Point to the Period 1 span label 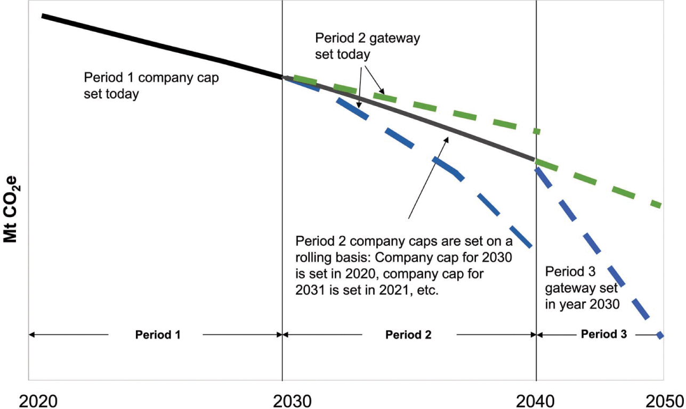[158, 335]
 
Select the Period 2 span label [408, 335]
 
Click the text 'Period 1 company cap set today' [151, 85]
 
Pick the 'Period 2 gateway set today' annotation [368, 46]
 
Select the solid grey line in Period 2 [426, 121]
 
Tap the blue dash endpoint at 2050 [660, 335]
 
